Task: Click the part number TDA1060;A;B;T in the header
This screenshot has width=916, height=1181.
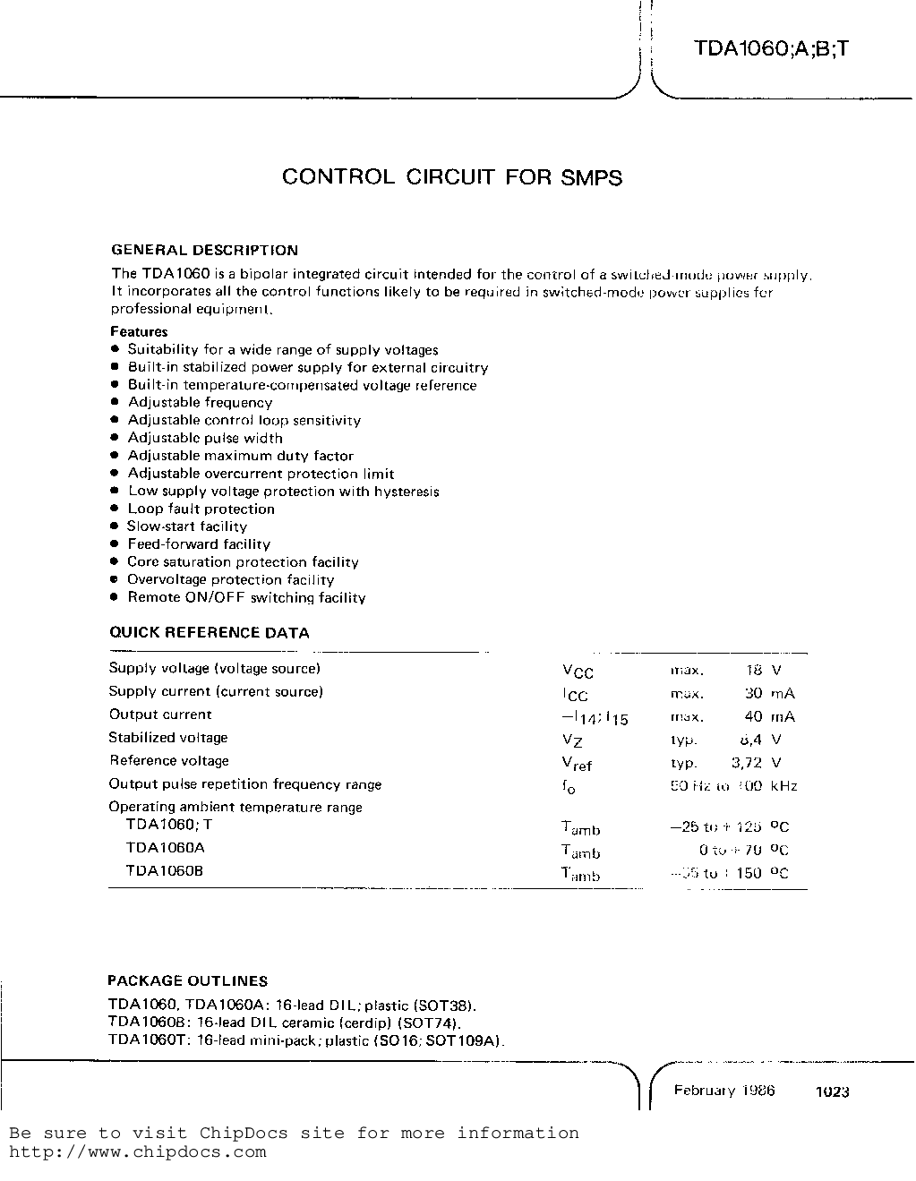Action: (x=770, y=49)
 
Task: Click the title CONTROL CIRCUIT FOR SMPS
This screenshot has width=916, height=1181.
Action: (x=451, y=177)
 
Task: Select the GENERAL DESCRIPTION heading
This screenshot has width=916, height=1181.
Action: (x=204, y=251)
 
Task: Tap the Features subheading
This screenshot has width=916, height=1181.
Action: (x=139, y=331)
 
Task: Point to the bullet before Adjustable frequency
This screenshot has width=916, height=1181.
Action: (x=115, y=403)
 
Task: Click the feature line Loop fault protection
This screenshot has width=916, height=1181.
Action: (x=201, y=509)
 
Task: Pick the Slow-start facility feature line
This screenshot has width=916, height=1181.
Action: (x=186, y=526)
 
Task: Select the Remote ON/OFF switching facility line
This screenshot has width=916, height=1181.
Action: (x=246, y=597)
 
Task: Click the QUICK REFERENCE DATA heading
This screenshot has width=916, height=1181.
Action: (x=209, y=633)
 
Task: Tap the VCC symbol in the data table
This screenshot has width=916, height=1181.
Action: (x=578, y=672)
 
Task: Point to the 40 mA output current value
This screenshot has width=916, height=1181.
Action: (x=769, y=716)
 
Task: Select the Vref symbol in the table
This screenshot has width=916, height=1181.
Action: (x=577, y=764)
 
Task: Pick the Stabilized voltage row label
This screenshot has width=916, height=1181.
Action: (x=168, y=738)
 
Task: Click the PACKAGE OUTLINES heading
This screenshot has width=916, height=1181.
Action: (x=187, y=980)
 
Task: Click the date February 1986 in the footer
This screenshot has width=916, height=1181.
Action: (x=723, y=1091)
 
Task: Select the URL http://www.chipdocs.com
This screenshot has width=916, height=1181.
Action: (x=138, y=1152)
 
